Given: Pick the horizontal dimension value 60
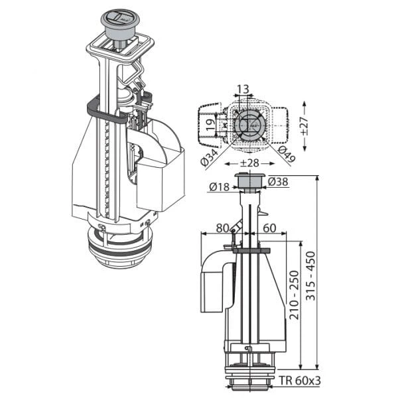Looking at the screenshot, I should (x=269, y=228).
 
